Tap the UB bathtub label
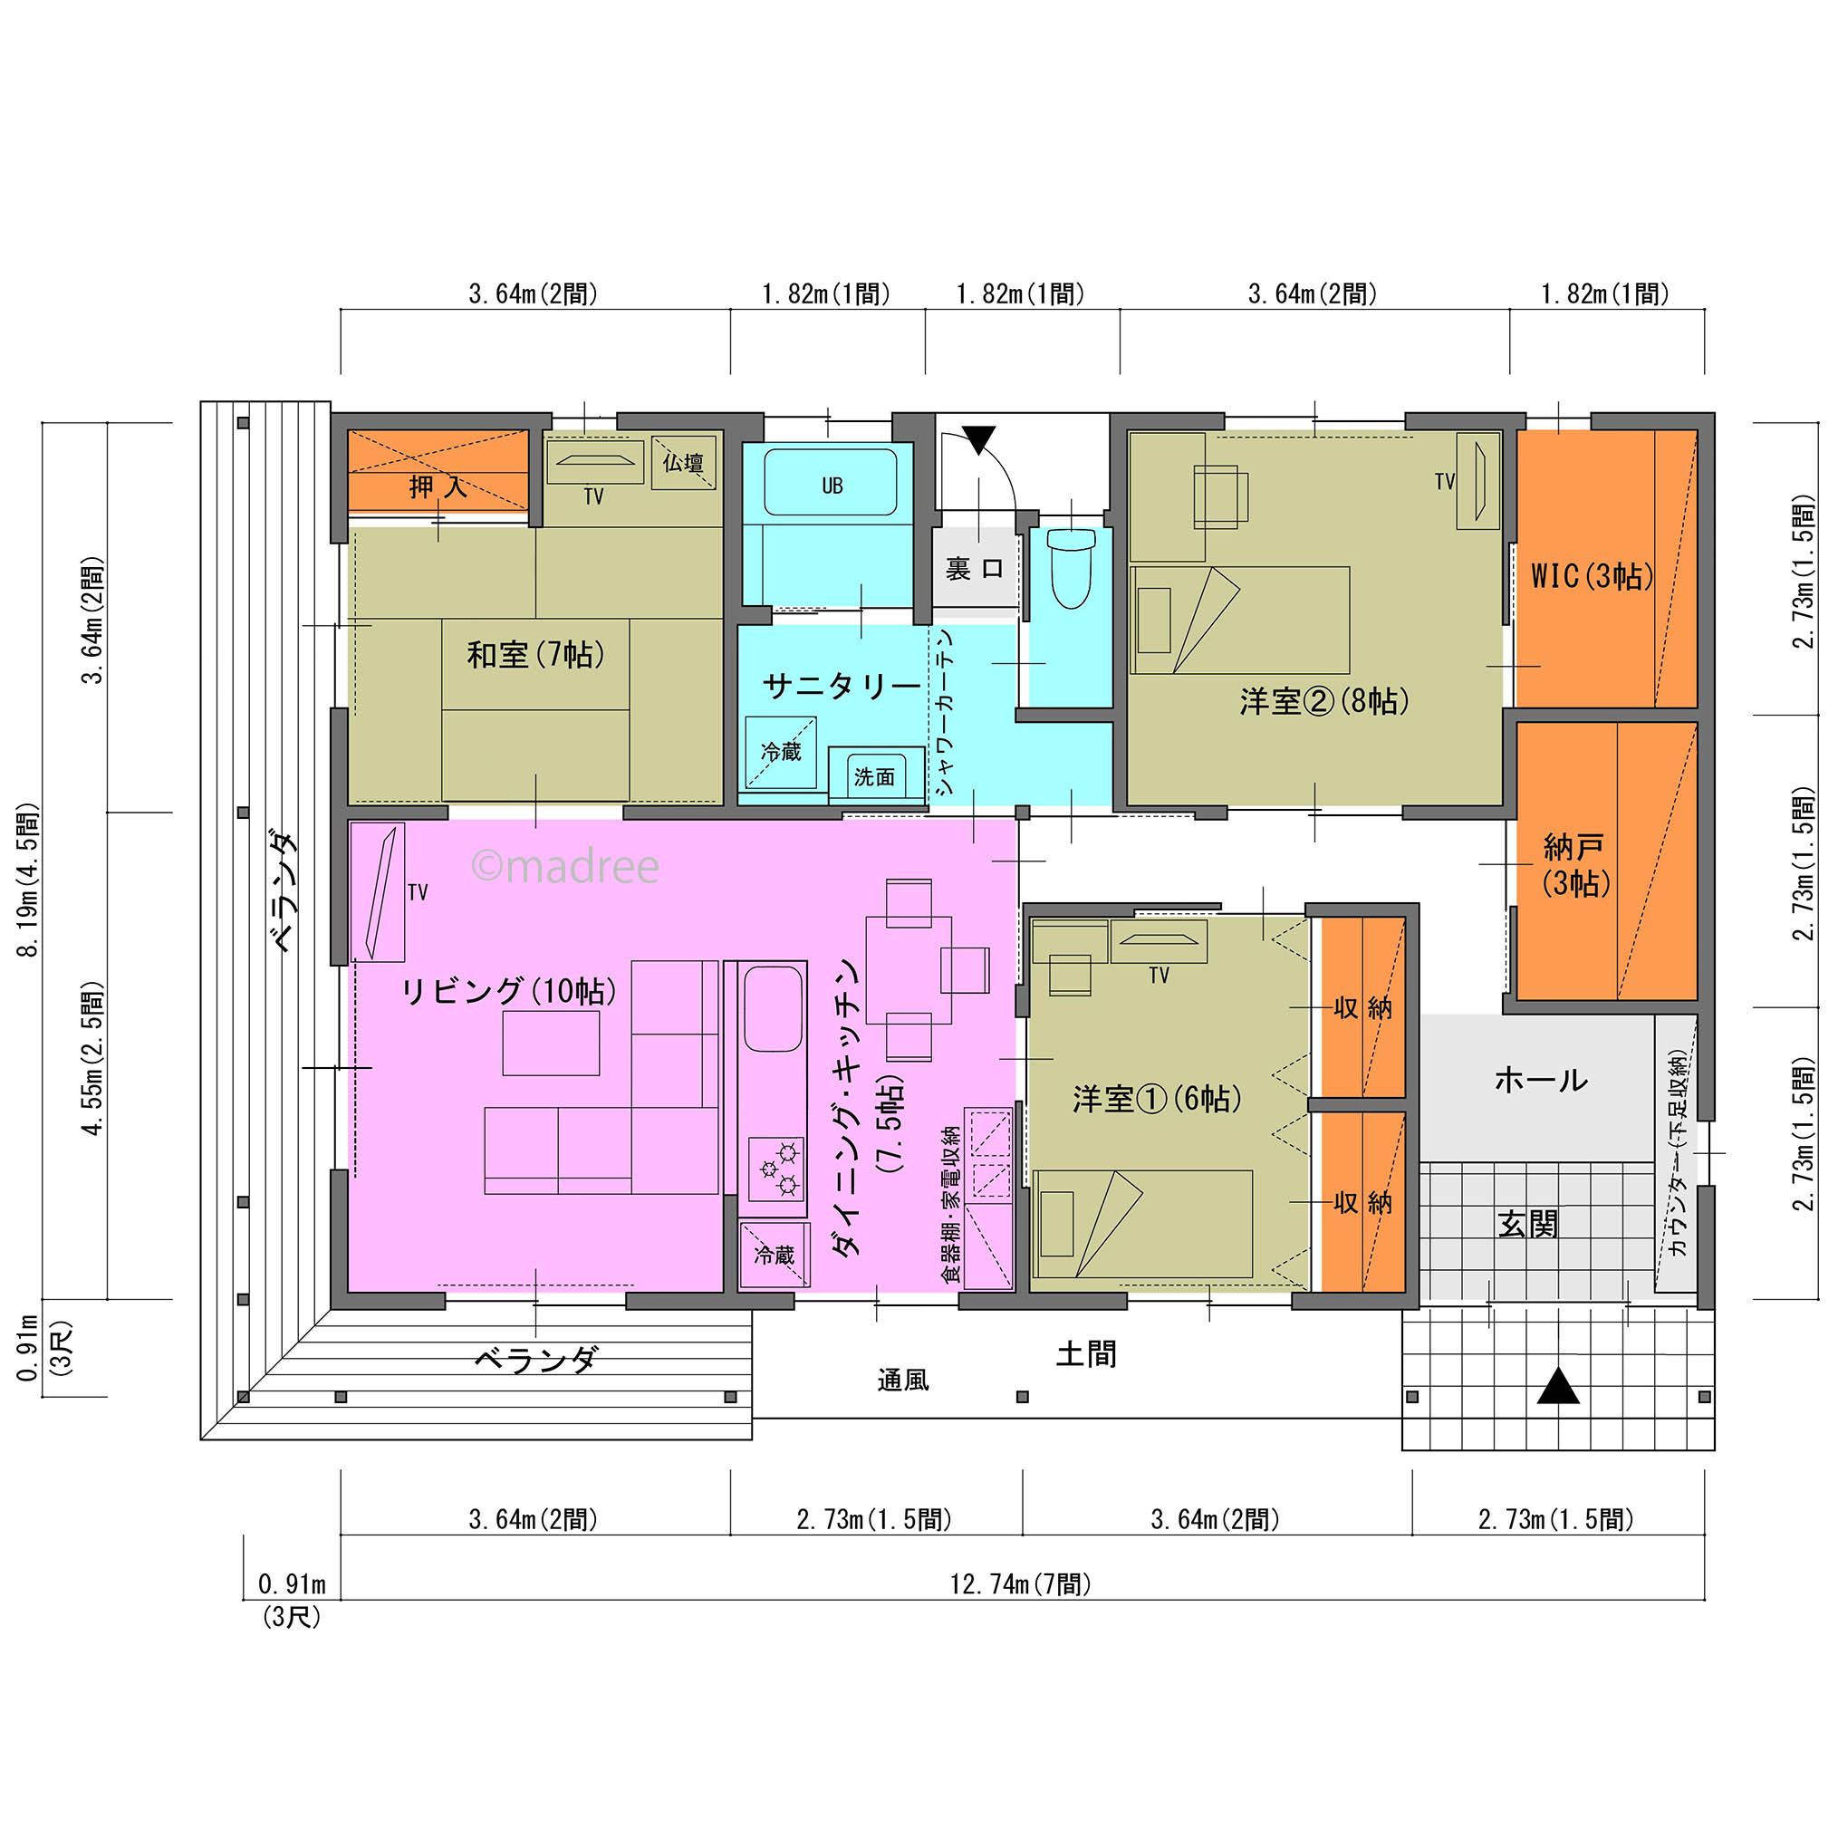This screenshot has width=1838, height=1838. tap(832, 486)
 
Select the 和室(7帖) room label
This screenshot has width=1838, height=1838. tap(535, 655)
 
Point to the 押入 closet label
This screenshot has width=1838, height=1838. tap(438, 487)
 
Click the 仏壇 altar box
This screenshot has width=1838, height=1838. tap(683, 463)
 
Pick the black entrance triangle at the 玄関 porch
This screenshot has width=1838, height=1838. tap(1558, 1386)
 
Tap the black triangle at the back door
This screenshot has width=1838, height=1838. tap(978, 438)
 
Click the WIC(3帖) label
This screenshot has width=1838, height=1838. tap(1592, 575)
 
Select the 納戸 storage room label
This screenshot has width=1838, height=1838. tap(1574, 864)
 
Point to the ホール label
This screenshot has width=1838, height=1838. tap(1540, 1080)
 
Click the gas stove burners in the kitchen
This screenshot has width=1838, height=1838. tap(776, 1169)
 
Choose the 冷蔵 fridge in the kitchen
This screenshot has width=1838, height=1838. tap(774, 1255)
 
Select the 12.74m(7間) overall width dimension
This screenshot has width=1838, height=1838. tap(1021, 1584)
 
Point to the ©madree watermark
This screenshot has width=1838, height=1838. tap(565, 867)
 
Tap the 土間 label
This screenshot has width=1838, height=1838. tap(1085, 1353)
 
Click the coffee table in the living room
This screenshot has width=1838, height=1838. tap(551, 1043)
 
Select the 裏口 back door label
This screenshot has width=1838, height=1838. tap(974, 569)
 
